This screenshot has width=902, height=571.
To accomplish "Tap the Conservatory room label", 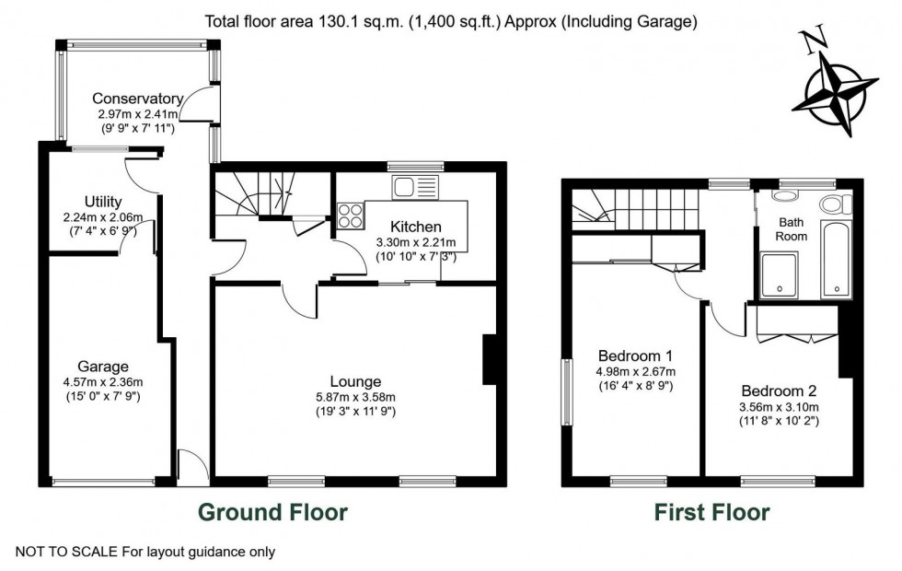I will pos(137,99).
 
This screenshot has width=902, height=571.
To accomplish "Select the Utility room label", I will pos(102,202).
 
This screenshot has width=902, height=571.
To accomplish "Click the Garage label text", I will pos(102,367).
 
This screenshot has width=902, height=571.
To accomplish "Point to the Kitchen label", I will pos(416,227).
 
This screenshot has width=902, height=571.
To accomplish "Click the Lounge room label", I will pos(355,381).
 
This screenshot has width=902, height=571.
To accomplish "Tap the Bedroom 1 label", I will pos(635,355).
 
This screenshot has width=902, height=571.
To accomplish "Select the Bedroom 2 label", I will pos(779,390).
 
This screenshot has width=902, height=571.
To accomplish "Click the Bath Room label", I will pos(792,229).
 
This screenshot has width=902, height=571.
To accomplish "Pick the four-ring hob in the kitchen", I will pos(351,216).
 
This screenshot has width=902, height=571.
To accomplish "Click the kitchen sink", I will pos(406,188).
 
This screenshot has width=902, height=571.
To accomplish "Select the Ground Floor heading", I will pos(272,511).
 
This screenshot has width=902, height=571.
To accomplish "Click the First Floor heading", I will pos(711,511).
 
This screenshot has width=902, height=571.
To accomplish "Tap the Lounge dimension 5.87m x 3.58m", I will pos(355,397).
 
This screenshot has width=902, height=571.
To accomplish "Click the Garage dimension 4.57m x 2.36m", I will pos(102,382).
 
